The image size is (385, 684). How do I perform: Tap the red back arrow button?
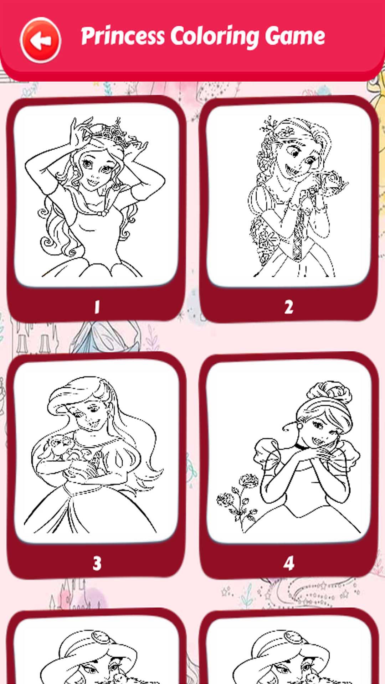pos(40,40)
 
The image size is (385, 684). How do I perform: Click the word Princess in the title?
pos(123,36)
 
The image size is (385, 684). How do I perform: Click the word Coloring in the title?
pos(215,36)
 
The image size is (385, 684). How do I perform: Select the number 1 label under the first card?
pos(97,307)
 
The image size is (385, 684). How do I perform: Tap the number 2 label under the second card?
pos(289,307)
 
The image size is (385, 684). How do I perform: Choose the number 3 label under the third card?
pos(97,563)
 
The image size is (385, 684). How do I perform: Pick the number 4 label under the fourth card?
pos(289,563)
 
